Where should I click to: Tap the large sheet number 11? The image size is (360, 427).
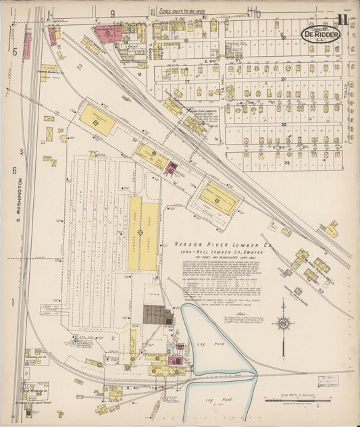pyautogui.click(x=344, y=18)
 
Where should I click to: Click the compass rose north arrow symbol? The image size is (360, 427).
pyautogui.click(x=284, y=324)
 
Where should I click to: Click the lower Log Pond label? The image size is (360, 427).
pyautogui.click(x=215, y=400)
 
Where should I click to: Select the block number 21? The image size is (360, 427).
pyautogui.click(x=284, y=80)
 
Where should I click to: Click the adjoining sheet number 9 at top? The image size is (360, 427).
pyautogui.click(x=113, y=14)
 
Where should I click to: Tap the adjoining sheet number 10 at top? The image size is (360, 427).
pyautogui.click(x=257, y=14)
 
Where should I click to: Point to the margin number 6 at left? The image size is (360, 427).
pyautogui.click(x=14, y=171)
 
